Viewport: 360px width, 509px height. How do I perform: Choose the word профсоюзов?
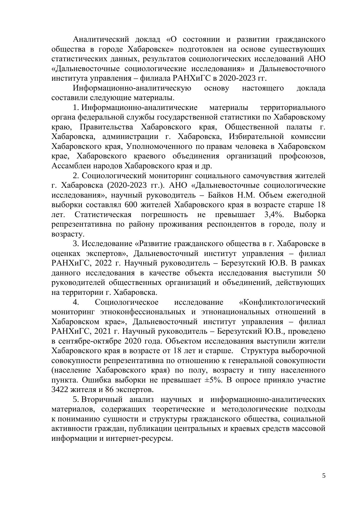[302, 156]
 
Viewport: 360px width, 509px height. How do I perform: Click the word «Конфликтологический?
[281, 302]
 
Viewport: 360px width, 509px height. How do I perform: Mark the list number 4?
[76, 302]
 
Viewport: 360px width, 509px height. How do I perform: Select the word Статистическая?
[103, 215]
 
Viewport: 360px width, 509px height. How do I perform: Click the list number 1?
[76, 108]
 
